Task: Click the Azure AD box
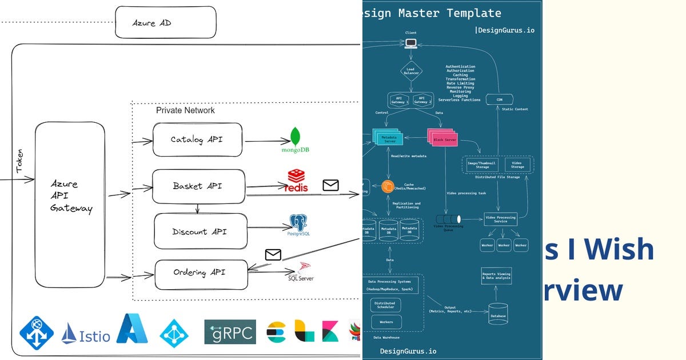tap(166, 22)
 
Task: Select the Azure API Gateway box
tap(70, 204)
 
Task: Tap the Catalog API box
tap(198, 139)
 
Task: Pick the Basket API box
tap(198, 186)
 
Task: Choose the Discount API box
tap(200, 231)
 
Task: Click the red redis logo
tap(297, 181)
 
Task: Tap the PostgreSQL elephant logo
tap(298, 223)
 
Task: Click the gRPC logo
tap(230, 332)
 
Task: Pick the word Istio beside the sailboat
tap(95, 336)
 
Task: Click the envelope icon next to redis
tap(330, 185)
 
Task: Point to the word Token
tap(19, 162)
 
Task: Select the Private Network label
tap(185, 110)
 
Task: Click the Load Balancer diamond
tap(410, 71)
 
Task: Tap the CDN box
tap(498, 99)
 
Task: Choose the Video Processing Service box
tap(500, 219)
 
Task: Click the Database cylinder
tap(497, 314)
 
